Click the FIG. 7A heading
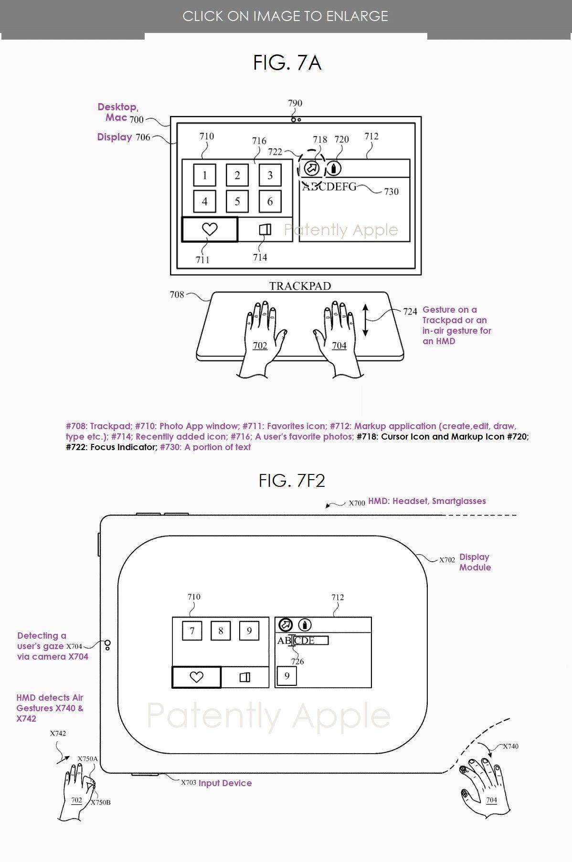[x=287, y=63]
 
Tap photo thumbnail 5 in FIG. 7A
[x=237, y=201]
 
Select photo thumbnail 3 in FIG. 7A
[x=270, y=175]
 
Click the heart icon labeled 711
[x=210, y=230]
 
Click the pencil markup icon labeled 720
[x=334, y=168]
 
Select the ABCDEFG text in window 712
[x=329, y=187]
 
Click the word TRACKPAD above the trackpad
[x=300, y=286]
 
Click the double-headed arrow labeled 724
[x=365, y=320]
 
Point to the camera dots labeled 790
[x=296, y=119]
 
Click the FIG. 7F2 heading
[x=292, y=481]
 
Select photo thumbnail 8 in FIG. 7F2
[x=221, y=631]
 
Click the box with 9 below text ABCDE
[x=287, y=676]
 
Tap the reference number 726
[x=297, y=662]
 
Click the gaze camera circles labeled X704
[x=108, y=645]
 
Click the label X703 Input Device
[x=216, y=783]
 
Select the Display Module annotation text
[x=475, y=562]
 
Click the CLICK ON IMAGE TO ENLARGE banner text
[x=285, y=16]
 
